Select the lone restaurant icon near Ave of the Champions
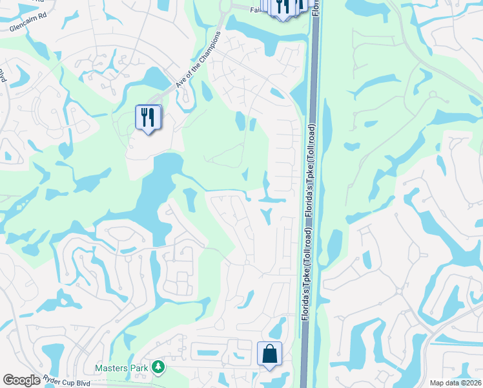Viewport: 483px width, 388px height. pyautogui.click(x=149, y=118)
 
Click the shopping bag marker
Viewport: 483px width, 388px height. pyautogui.click(x=269, y=354)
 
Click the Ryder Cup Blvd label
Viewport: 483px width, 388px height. pyautogui.click(x=69, y=382)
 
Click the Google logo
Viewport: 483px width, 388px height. pyautogui.click(x=21, y=380)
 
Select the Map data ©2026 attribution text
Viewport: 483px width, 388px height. pyautogui.click(x=455, y=383)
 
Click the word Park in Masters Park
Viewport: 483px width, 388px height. pyautogui.click(x=140, y=368)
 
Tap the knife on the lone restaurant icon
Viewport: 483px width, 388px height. pyautogui.click(x=152, y=116)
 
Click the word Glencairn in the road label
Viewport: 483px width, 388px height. pyautogui.click(x=23, y=28)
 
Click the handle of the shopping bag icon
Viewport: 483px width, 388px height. pyautogui.click(x=269, y=349)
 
